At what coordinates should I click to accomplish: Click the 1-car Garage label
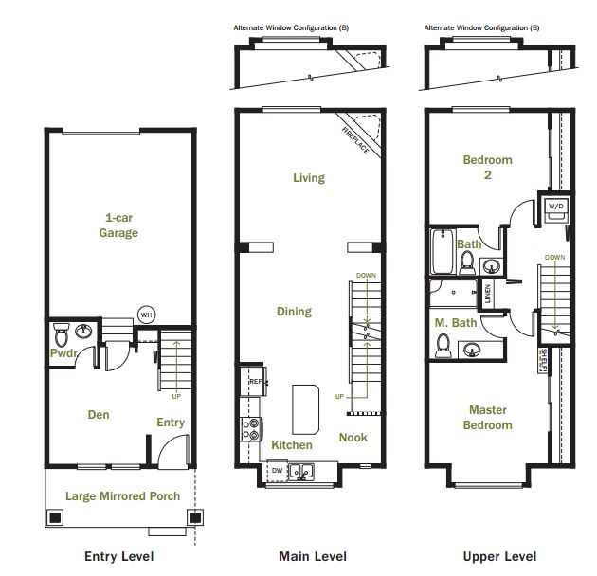click(x=120, y=225)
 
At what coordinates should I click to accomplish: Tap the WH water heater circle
click(x=146, y=315)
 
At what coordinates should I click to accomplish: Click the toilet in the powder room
click(x=61, y=334)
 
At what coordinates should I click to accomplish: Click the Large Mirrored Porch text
click(x=122, y=495)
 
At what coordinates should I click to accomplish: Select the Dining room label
click(x=294, y=311)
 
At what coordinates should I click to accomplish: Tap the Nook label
click(x=353, y=438)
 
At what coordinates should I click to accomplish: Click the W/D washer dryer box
click(x=554, y=209)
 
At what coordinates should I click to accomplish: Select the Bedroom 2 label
click(x=487, y=167)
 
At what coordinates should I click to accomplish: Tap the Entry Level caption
click(x=119, y=556)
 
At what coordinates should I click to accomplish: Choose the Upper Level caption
click(x=499, y=556)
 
